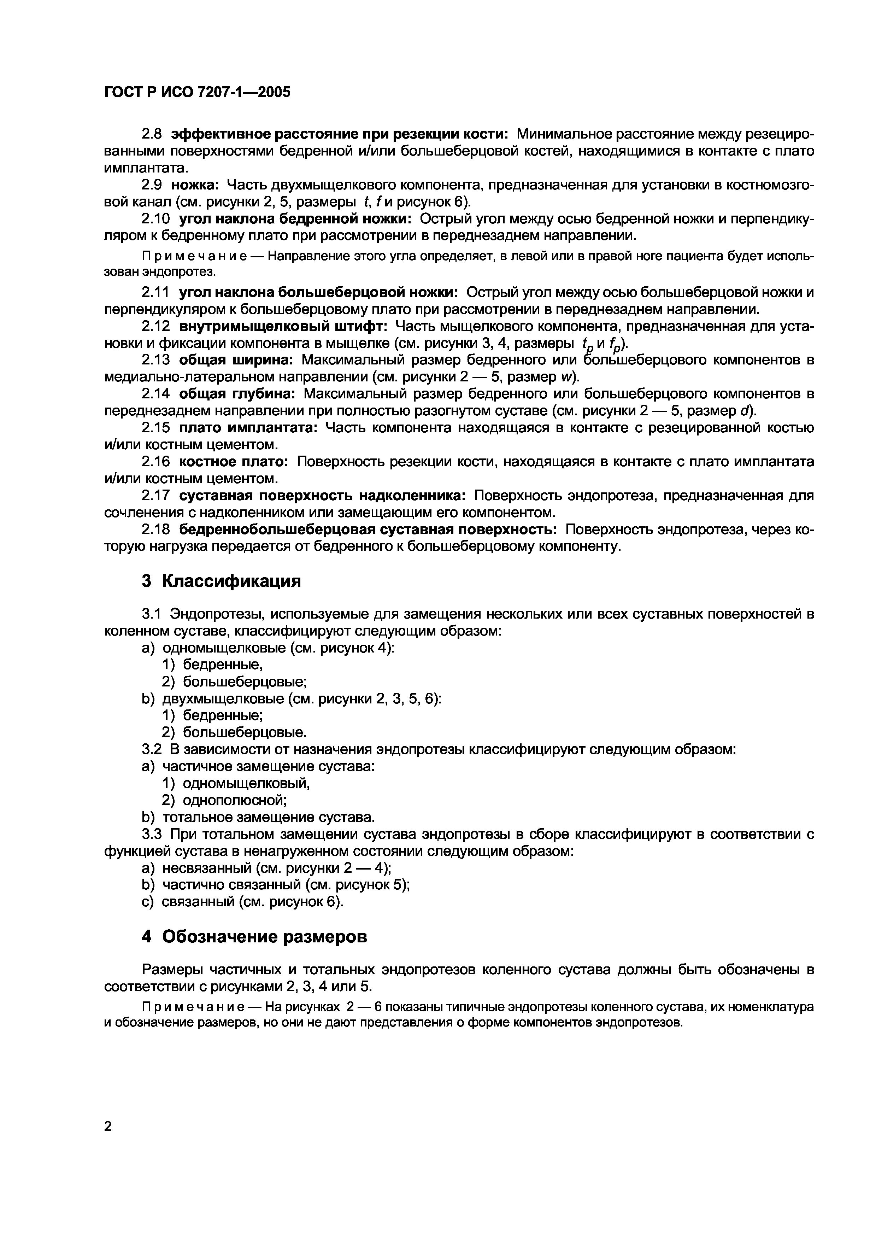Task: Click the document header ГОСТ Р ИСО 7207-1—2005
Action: click(197, 92)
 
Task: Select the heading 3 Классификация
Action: click(221, 581)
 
